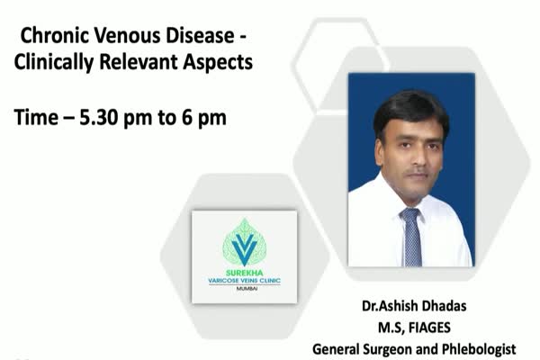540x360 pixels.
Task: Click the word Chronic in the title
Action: point(56,35)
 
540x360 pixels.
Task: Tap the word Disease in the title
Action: point(201,35)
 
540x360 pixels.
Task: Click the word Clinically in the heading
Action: point(54,63)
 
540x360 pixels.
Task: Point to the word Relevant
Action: point(139,62)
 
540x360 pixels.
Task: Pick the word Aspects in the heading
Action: point(218,63)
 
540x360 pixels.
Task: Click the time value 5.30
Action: point(98,118)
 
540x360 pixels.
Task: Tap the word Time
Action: point(36,118)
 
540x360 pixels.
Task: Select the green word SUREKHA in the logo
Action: point(244,273)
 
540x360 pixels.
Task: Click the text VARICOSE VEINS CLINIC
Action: point(244,281)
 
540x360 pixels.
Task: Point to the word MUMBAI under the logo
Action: point(247,289)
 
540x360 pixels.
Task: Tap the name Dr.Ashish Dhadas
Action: point(414,306)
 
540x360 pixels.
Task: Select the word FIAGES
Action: point(429,328)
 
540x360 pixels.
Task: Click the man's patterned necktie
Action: point(411,238)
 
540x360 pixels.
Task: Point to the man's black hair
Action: point(410,110)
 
